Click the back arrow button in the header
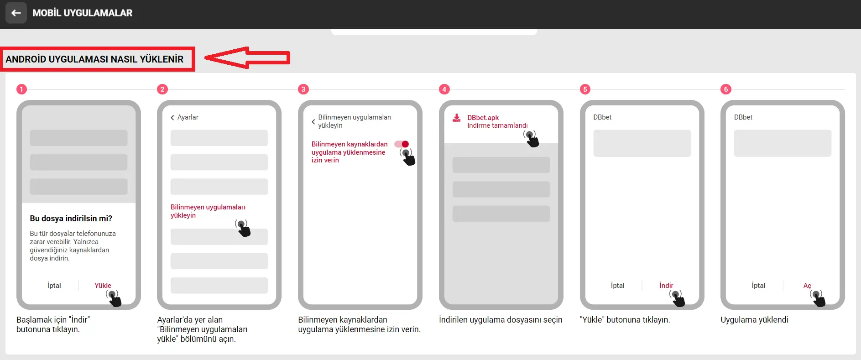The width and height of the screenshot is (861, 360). (x=16, y=13)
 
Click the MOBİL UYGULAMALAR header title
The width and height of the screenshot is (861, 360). (x=82, y=13)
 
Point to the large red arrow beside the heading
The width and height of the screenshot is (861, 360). (x=247, y=58)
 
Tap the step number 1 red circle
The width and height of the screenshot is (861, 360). (x=21, y=89)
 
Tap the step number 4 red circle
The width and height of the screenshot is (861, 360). (x=444, y=89)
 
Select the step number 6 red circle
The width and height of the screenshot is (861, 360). (x=726, y=89)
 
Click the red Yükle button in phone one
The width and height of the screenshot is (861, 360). (x=103, y=286)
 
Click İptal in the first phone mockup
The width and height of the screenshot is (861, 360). (x=54, y=286)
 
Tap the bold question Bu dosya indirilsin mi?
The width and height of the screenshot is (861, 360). (x=71, y=219)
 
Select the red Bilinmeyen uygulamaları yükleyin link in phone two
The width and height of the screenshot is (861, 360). (x=208, y=211)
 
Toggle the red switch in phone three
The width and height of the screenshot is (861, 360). (x=402, y=144)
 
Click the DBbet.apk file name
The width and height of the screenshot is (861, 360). (x=483, y=118)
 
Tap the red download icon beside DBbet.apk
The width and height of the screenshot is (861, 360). (x=456, y=118)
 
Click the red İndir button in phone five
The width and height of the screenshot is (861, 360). (x=666, y=286)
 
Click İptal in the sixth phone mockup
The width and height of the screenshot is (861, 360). (x=758, y=286)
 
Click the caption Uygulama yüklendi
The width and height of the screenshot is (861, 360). (x=754, y=320)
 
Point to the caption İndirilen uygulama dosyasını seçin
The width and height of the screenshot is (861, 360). (x=500, y=320)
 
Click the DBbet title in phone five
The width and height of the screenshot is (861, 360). (x=602, y=117)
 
